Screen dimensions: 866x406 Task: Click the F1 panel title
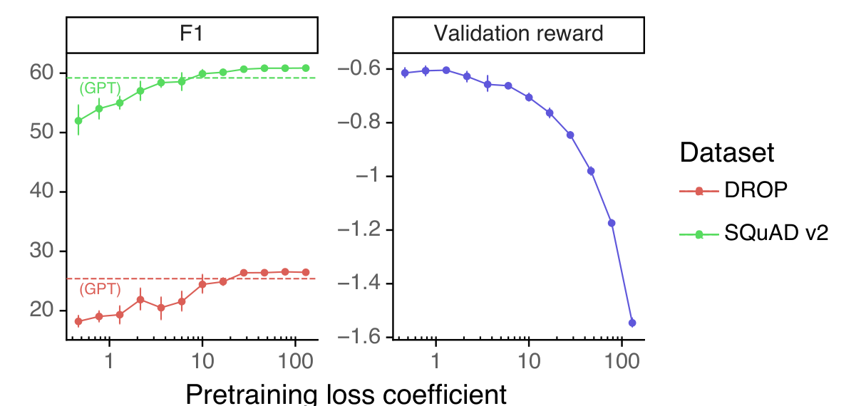191,33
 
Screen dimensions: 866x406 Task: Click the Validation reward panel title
518,33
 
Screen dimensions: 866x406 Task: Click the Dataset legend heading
727,152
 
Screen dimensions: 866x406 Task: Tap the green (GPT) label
100,88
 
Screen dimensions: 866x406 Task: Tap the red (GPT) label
100,289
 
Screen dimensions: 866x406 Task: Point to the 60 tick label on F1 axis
41,73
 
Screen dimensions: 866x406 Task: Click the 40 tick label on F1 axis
41,191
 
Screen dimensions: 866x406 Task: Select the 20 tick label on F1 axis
41,310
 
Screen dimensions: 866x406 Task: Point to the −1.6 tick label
359,337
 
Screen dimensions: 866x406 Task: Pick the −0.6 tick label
359,69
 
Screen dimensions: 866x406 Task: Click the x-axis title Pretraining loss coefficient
346,395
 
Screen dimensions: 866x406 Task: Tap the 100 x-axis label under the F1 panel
296,362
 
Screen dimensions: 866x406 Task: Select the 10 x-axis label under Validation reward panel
529,362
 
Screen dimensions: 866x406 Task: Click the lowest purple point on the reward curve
632,323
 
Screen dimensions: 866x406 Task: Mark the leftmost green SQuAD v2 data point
78,121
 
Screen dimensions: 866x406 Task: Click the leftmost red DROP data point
78,321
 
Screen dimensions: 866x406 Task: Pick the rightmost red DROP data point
306,272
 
